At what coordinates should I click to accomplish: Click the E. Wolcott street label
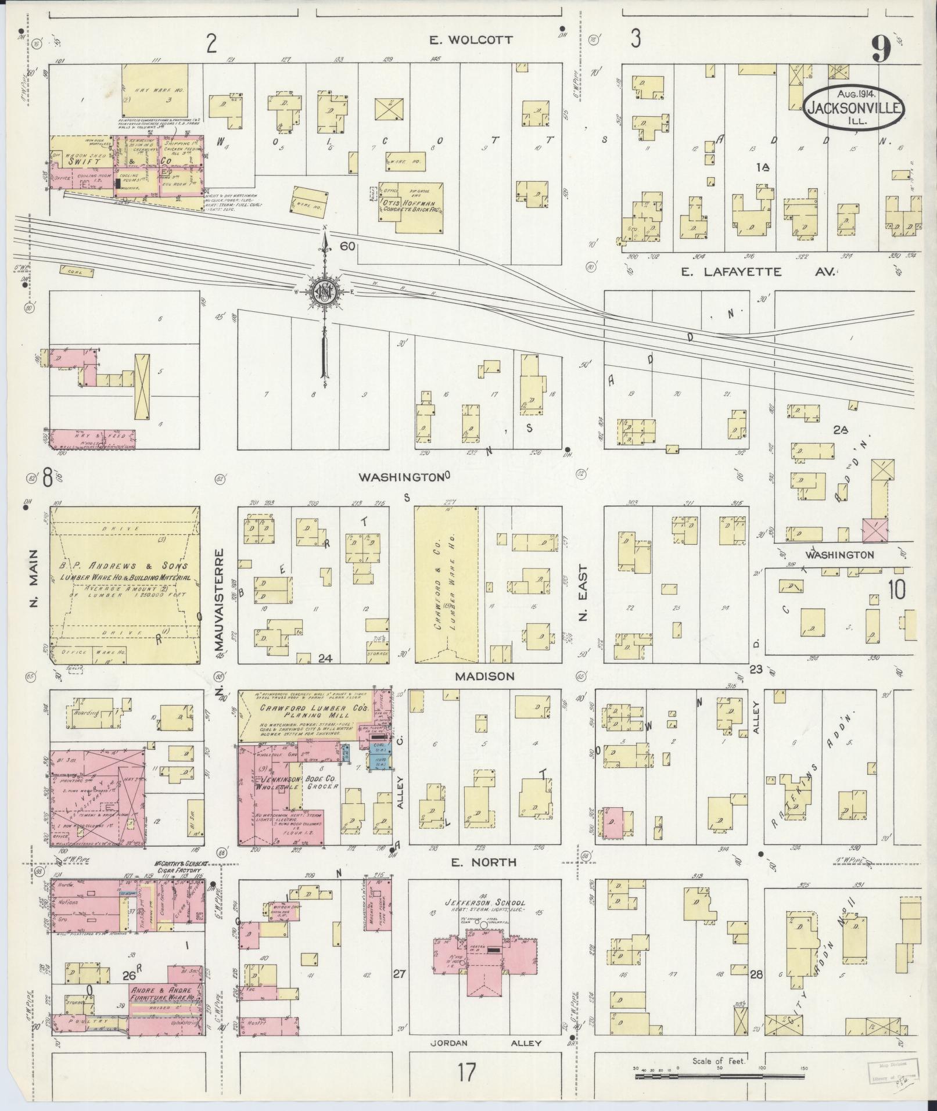pos(471,39)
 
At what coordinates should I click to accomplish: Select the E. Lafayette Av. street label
pos(758,271)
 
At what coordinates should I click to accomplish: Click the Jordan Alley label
pos(485,1042)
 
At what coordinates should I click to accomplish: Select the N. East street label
pos(584,594)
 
